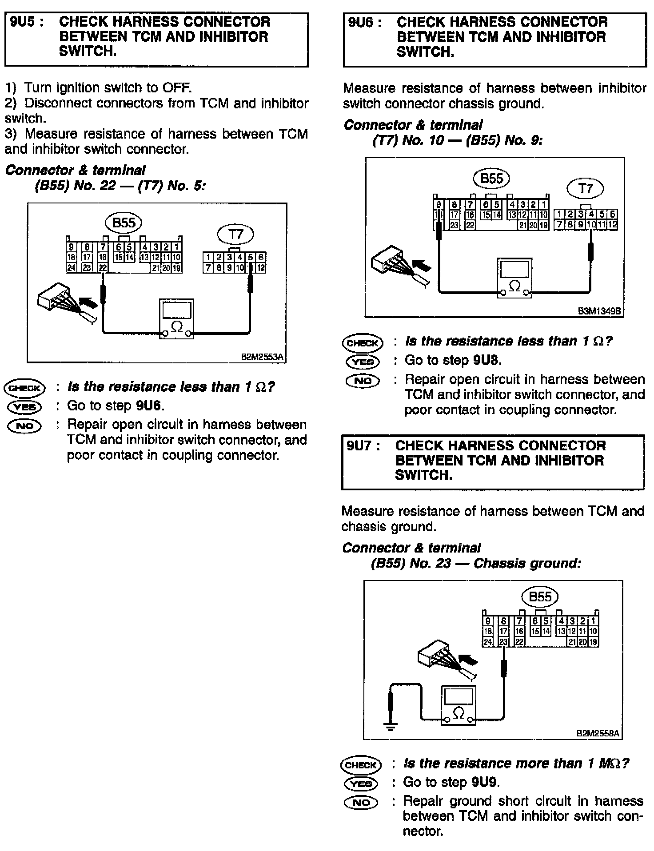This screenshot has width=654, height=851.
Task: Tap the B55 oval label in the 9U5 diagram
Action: pos(124,223)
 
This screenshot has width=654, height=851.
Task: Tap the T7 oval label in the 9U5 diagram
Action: pos(235,235)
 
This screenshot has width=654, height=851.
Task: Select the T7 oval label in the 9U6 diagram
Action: pos(585,188)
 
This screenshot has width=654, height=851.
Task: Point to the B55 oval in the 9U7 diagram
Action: pos(540,596)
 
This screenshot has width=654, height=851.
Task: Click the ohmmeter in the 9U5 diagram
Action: pos(176,319)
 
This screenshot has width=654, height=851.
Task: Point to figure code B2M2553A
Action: pos(262,357)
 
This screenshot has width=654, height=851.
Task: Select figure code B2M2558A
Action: pos(598,733)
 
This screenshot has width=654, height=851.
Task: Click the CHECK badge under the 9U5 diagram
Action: pos(25,388)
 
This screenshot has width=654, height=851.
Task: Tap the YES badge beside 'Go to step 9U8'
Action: pos(363,362)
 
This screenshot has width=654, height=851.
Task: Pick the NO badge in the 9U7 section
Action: pos(361,802)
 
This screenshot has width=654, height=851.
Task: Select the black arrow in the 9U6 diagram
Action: pos(422,265)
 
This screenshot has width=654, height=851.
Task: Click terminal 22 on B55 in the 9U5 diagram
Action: pos(103,267)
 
